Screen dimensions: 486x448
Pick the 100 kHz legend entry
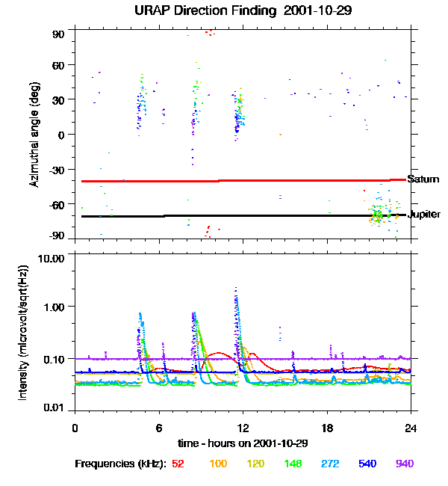[x=218, y=464]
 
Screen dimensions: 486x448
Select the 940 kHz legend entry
[x=403, y=464]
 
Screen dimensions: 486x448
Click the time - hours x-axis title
[x=243, y=444]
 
